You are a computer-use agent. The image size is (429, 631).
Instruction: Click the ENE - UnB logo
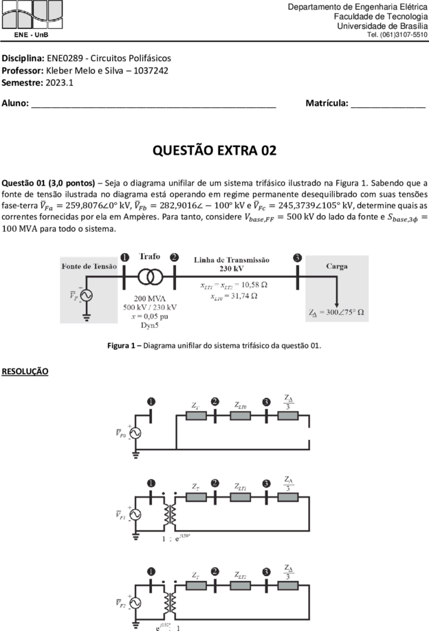[32, 19]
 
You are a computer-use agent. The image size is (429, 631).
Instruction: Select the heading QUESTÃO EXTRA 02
[214, 151]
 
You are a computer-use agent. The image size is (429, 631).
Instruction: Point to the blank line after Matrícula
[388, 107]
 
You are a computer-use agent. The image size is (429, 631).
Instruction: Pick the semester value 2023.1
[60, 83]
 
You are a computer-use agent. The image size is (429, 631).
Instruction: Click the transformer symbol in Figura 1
[151, 277]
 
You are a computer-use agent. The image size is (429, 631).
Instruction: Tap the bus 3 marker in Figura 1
[297, 258]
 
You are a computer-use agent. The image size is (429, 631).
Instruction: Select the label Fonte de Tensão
[89, 267]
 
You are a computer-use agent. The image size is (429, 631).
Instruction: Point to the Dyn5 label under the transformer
[150, 325]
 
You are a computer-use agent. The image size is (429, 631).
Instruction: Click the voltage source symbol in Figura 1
[86, 296]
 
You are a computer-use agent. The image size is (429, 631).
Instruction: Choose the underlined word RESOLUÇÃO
[25, 371]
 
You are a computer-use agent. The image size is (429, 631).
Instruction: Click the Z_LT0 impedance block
[240, 416]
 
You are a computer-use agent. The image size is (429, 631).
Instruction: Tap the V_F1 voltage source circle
[135, 514]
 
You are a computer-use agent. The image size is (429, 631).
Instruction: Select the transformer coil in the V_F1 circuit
[170, 514]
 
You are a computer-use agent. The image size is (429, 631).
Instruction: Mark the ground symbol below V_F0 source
[135, 455]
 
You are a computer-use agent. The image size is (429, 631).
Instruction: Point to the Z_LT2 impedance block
[240, 586]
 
